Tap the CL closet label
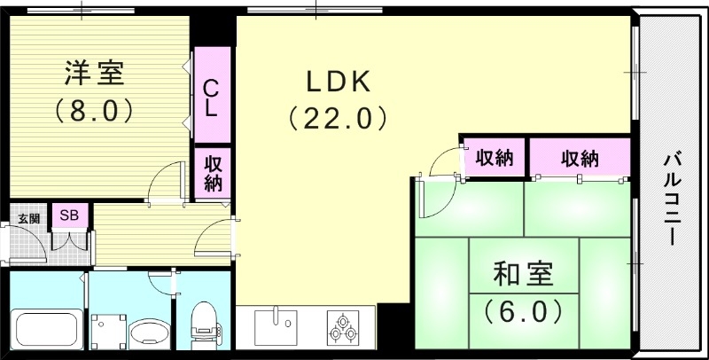coord(212,98)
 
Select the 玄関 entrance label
coord(27,218)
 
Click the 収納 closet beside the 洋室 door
coord(213,173)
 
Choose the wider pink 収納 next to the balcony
coord(580,159)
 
